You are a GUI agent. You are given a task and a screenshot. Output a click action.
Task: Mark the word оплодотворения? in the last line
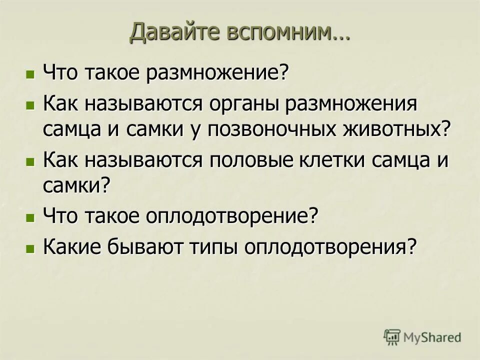(330, 246)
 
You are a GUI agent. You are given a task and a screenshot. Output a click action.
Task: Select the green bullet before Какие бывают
(30, 247)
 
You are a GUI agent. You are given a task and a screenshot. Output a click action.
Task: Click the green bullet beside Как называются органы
(30, 105)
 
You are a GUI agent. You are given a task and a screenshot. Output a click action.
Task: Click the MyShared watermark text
(432, 337)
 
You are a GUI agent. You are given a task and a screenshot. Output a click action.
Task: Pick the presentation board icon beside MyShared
(392, 337)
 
